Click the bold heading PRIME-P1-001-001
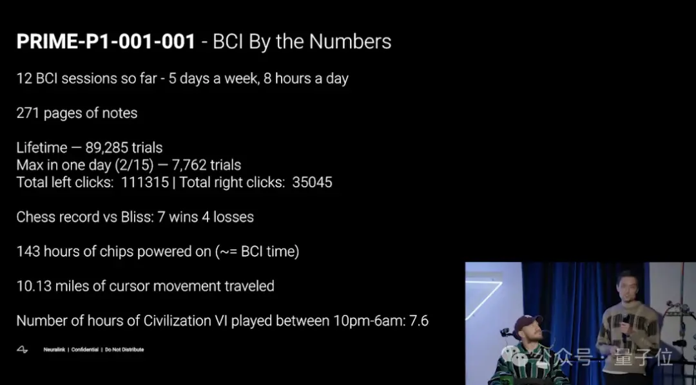coord(106,42)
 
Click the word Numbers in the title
coord(350,42)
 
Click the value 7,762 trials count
coord(189,165)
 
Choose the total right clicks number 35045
coord(312,182)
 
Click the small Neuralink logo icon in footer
coord(22,350)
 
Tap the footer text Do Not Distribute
coord(124,350)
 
